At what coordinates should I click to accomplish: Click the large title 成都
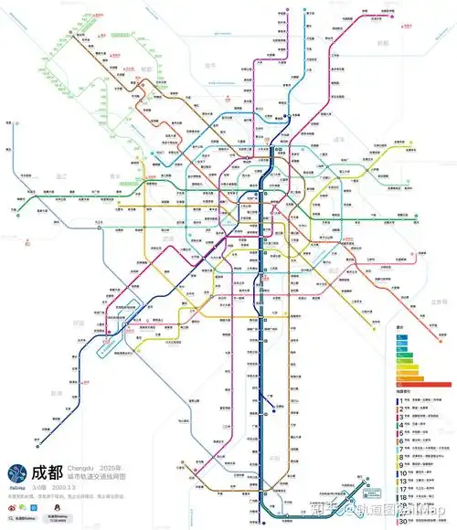point(47,473)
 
